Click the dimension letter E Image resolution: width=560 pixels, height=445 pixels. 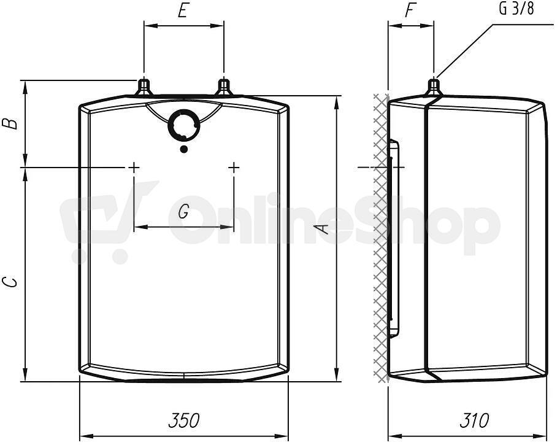(x=183, y=11)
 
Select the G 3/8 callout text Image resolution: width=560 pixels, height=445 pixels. (x=516, y=9)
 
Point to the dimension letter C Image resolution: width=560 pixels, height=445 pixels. (x=10, y=282)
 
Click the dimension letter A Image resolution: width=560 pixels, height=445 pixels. (x=323, y=229)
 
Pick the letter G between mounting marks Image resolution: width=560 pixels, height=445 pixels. (x=183, y=212)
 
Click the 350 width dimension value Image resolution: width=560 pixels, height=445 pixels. (x=184, y=420)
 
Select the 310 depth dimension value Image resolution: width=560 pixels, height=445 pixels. (x=474, y=420)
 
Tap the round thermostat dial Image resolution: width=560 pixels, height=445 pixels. (x=184, y=126)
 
